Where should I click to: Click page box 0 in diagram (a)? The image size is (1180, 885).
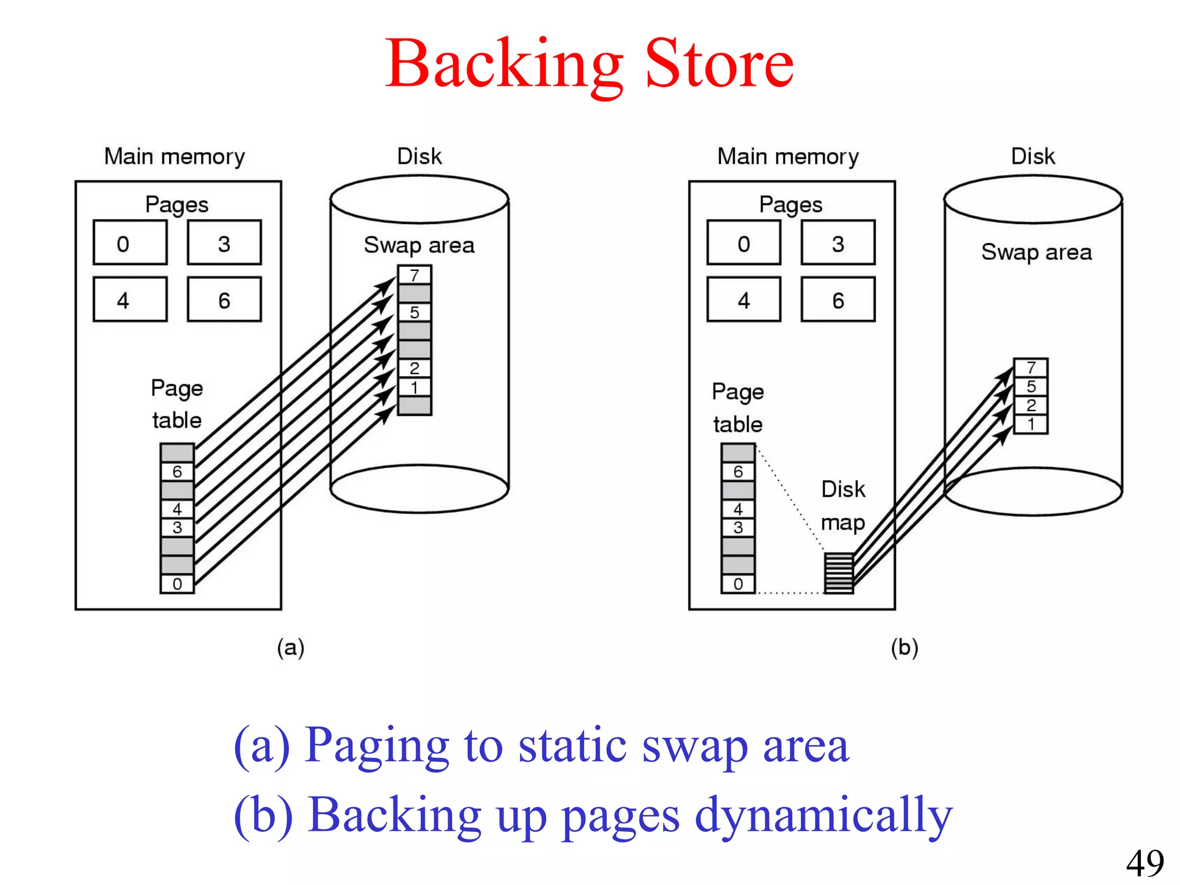click(130, 243)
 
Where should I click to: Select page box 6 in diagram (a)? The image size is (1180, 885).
click(224, 300)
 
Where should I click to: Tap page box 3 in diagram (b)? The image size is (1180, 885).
click(838, 243)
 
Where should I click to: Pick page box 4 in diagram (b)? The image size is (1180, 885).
click(744, 300)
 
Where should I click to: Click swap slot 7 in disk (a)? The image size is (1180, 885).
click(414, 275)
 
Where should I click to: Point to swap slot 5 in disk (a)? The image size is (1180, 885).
click(414, 312)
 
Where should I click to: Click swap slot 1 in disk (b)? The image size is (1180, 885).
click(1030, 425)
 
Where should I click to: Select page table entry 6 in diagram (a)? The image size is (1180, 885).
click(177, 471)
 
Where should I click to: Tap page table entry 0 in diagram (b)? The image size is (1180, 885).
click(738, 584)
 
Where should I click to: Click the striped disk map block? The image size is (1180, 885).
click(838, 573)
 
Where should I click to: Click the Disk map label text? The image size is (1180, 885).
click(843, 505)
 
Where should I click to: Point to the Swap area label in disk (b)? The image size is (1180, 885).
click(1036, 252)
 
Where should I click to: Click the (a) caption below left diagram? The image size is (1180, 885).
click(290, 648)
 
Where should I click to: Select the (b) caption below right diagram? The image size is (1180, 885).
click(904, 648)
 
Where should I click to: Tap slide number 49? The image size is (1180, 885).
click(1145, 863)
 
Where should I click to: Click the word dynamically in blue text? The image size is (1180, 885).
click(823, 815)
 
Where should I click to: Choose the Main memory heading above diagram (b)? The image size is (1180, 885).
click(788, 157)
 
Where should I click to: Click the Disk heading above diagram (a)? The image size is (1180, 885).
click(419, 156)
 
